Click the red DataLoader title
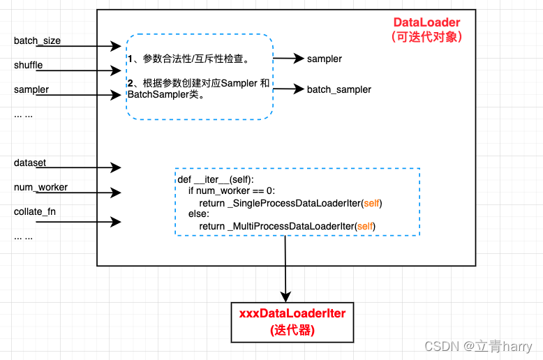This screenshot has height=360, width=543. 426,23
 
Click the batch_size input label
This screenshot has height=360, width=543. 37,40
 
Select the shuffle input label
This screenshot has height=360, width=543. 28,65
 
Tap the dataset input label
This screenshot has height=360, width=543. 30,163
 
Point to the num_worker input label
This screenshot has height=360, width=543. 40,187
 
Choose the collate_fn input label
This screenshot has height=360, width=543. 35,211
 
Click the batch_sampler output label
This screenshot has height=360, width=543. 339,89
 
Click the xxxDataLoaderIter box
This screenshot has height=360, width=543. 292,322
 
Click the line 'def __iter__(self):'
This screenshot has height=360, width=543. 216,179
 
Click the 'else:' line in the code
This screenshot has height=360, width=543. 199,214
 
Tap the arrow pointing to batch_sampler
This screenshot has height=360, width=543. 288,89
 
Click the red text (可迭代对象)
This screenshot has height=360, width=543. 426,37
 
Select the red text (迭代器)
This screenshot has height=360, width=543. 292,330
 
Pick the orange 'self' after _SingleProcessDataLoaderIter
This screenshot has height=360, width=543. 371,202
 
